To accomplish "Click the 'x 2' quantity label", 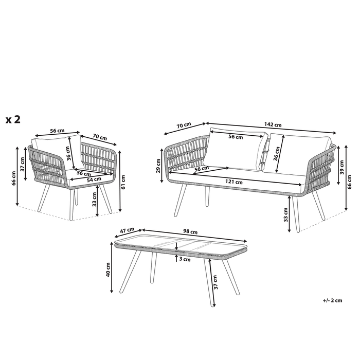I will pos(13,120).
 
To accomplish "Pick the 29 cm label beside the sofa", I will pos(159,166).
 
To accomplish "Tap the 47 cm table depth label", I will pos(126,230).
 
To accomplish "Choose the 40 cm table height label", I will pos(109,269).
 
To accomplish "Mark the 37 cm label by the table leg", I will pos(216,282).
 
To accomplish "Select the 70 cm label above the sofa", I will pos(184,125).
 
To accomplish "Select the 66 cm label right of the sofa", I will pos(351,181).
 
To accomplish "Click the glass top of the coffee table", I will pos(180,244).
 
